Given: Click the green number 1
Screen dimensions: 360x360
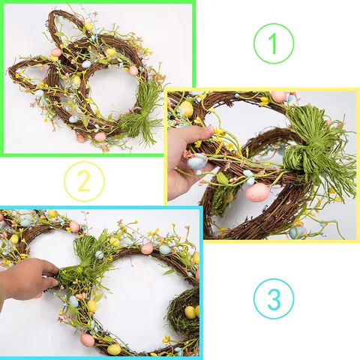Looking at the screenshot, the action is tap(273, 43).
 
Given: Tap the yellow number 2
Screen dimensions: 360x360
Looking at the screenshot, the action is tap(84, 181).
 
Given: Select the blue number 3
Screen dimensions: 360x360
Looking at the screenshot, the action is tap(274, 299).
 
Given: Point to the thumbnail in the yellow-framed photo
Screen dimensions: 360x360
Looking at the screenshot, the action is tap(209, 130).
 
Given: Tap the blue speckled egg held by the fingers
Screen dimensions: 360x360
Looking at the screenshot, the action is tap(197, 161).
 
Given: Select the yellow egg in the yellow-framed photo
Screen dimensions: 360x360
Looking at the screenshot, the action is tap(187, 109).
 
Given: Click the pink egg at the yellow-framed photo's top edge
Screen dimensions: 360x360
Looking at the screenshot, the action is tap(279, 97).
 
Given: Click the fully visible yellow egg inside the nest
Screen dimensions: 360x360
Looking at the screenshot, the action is tap(190, 312).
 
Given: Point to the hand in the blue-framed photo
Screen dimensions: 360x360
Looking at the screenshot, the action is tap(28, 279).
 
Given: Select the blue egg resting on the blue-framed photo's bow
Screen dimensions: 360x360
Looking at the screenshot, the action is tap(100, 255).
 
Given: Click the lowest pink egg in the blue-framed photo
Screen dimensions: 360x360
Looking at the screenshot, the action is tap(88, 340).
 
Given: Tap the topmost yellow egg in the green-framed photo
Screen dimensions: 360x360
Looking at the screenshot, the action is tap(88, 26).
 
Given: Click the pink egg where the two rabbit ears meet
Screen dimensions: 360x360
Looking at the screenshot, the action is tap(56, 52).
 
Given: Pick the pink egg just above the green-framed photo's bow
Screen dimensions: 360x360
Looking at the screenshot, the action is tap(133, 70).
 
